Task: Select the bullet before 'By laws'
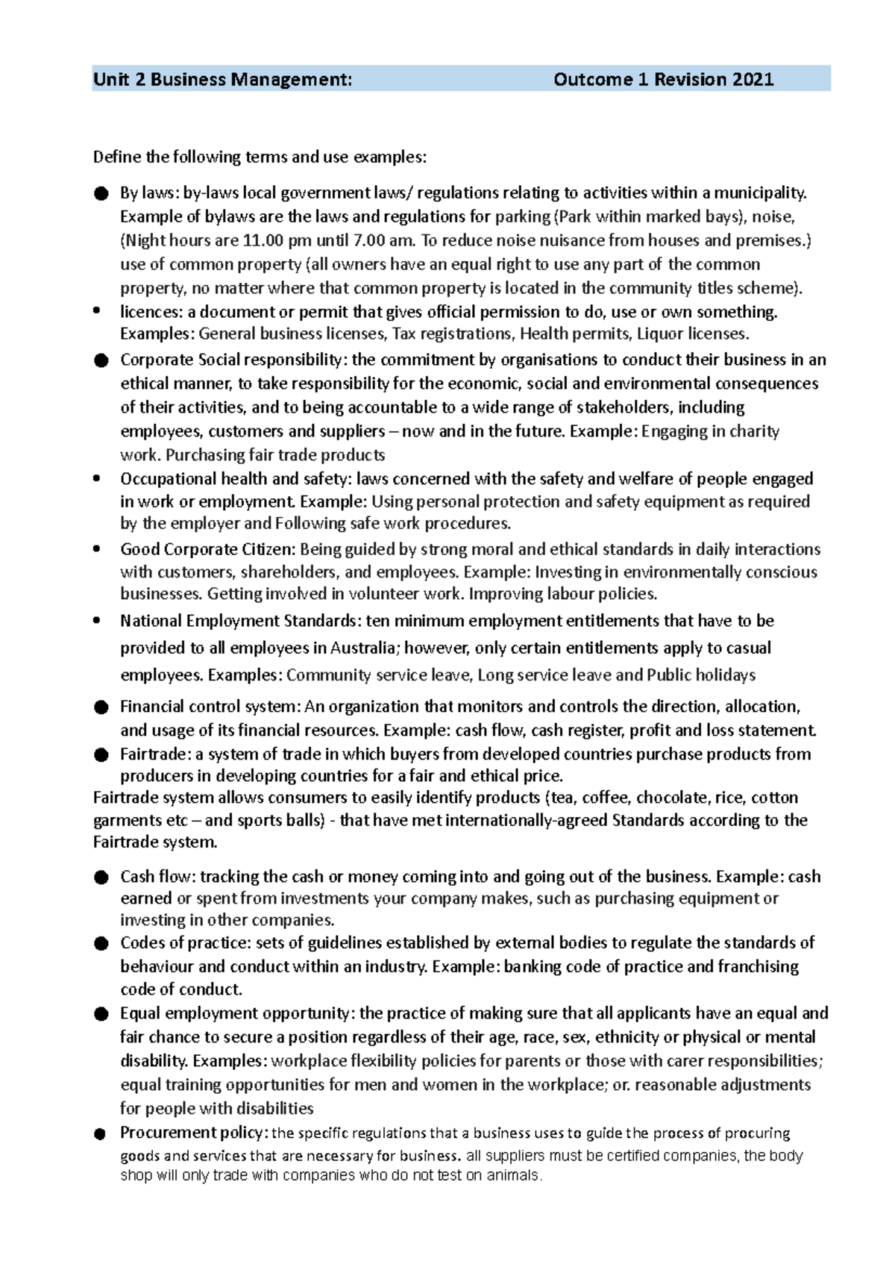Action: (x=101, y=193)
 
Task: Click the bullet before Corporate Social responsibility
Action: (x=101, y=360)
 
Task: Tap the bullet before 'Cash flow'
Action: (x=101, y=877)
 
